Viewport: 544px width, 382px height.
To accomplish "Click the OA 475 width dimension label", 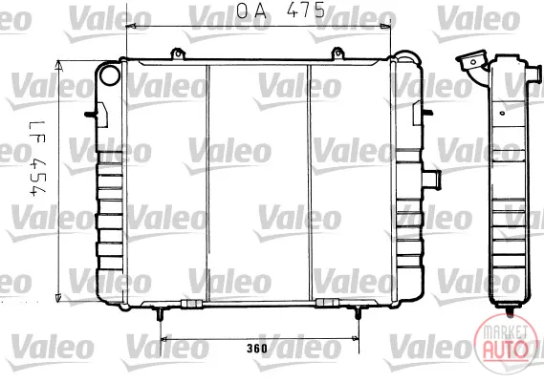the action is click(x=281, y=11).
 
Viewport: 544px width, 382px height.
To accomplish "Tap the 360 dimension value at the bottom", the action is click(x=257, y=348).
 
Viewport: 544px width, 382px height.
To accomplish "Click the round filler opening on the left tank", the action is click(x=110, y=74).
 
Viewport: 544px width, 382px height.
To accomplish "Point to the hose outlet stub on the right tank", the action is click(x=431, y=180).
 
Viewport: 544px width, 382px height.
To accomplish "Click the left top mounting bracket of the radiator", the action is click(x=178, y=54).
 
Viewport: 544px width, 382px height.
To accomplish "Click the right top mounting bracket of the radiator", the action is click(x=337, y=54).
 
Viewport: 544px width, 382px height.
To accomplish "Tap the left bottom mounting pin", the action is click(x=160, y=313).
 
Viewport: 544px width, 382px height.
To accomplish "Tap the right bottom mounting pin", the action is click(x=358, y=313).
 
